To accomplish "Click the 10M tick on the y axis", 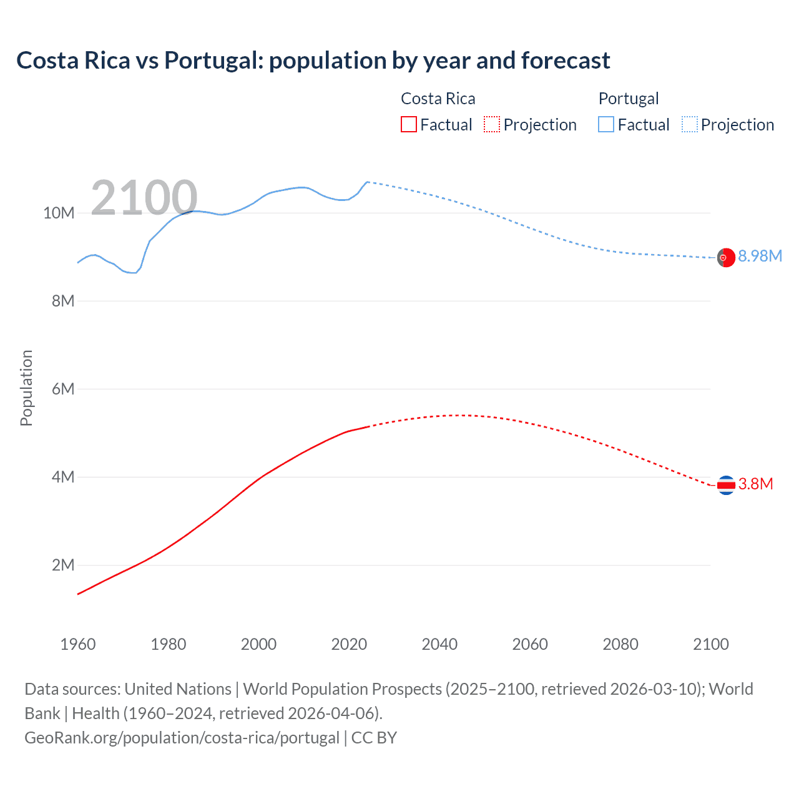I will [59, 213].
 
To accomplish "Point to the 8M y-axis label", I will [62, 301].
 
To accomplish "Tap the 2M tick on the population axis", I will [62, 565].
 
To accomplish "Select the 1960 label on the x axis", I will [78, 644].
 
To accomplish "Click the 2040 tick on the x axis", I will [439, 644].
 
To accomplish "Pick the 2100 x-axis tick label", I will [710, 644].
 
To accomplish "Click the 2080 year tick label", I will [620, 644].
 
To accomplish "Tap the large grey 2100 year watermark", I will [144, 198].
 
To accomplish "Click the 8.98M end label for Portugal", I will [760, 256].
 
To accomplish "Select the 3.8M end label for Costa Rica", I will [755, 484].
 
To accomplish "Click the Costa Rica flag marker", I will [725, 485].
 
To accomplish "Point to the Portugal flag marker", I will [725, 257].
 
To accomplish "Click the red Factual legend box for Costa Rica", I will [408, 124].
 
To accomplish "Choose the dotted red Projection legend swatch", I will [492, 124].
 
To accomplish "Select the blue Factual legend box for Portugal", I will [605, 124].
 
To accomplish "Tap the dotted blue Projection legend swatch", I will [689, 124].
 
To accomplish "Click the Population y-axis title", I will [26, 388].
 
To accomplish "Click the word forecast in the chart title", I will [566, 61].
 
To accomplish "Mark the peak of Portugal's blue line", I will [367, 182].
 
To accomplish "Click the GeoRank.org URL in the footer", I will [182, 737].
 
